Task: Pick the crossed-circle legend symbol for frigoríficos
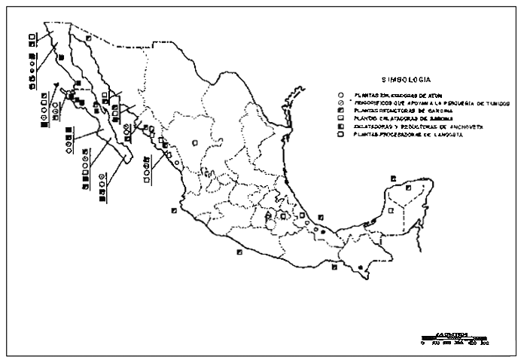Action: pos(341,103)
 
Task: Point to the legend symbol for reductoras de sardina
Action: pos(341,111)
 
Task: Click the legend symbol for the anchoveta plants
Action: pos(341,127)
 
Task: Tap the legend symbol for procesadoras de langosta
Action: pos(341,136)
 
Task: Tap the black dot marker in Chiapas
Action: pos(361,267)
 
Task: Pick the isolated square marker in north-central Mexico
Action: pos(193,142)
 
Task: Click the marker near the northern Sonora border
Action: pos(88,37)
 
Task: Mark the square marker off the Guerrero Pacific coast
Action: pos(239,252)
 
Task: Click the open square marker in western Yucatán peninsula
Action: pos(375,221)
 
